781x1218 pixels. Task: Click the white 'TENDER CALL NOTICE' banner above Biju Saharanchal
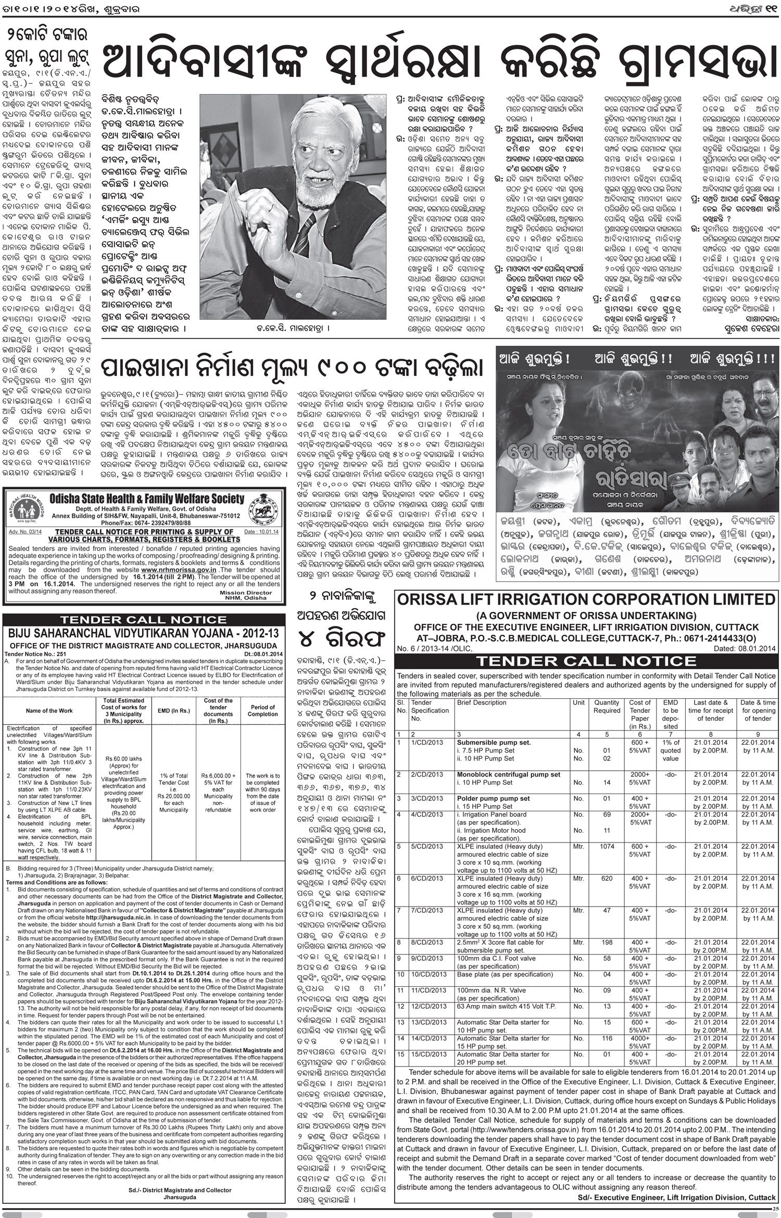pos(143,620)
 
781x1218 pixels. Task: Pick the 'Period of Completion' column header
pos(262,710)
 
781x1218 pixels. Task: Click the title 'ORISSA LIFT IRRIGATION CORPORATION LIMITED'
pos(587,599)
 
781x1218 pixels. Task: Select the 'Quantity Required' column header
pos(607,706)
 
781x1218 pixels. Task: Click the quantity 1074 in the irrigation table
pos(607,846)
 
